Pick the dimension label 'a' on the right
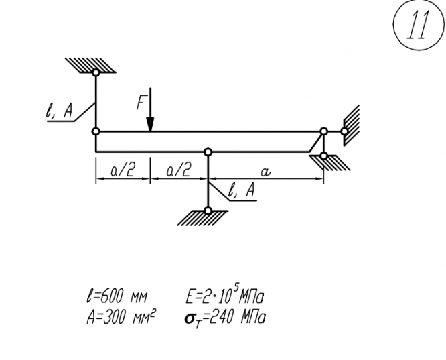point(267,172)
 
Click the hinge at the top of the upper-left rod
point(96,72)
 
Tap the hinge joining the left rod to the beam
point(96,131)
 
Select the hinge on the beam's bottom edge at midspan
point(209,152)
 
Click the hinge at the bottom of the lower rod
point(209,211)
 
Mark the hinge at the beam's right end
point(323,131)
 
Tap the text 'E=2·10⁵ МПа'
point(224,295)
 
